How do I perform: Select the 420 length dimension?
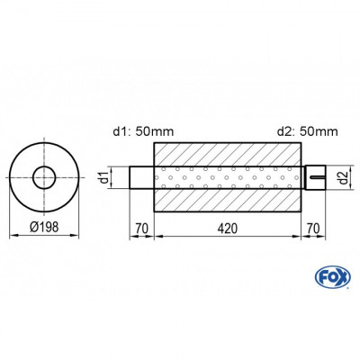click(x=229, y=229)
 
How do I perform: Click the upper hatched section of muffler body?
click(x=229, y=153)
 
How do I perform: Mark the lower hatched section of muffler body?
click(x=229, y=201)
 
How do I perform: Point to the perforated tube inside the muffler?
click(x=229, y=177)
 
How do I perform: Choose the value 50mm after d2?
click(x=321, y=132)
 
